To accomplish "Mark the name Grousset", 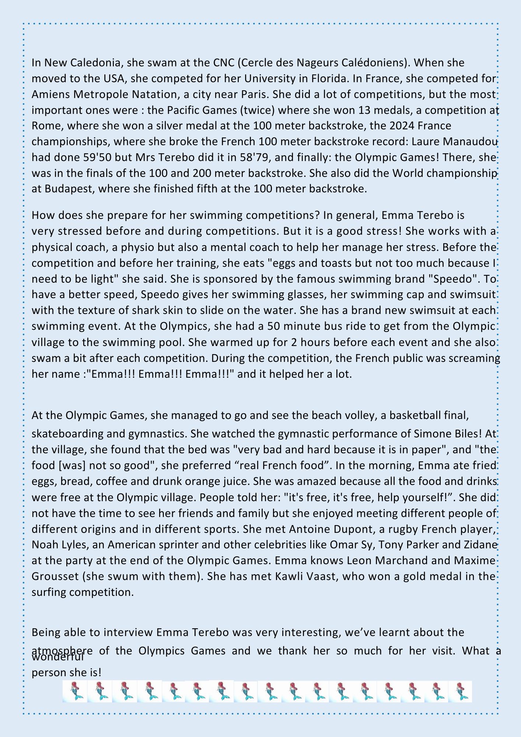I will pos(55,576).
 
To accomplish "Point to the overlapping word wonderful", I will pos(58,657).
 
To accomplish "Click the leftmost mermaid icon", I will pos(75,691).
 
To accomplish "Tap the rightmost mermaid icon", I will pos(460,691).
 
